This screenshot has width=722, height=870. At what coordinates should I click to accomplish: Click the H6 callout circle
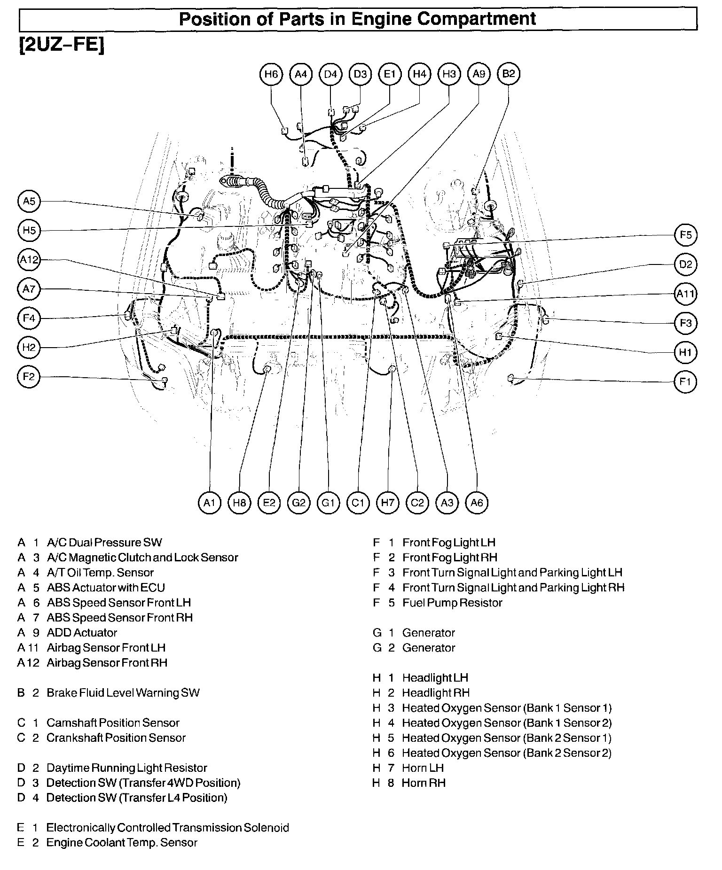(x=271, y=74)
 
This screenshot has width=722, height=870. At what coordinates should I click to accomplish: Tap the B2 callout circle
(x=509, y=74)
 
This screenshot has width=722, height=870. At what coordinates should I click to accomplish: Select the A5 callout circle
(x=29, y=202)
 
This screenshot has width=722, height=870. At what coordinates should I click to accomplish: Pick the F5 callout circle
(x=686, y=235)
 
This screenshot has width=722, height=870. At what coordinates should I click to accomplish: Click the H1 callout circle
(x=686, y=352)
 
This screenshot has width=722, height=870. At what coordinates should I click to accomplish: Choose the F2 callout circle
(x=29, y=377)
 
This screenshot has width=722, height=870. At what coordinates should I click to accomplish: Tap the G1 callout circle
(x=328, y=503)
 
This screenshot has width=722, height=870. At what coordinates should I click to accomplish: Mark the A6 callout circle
(x=477, y=503)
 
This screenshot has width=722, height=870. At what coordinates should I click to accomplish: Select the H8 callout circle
(x=239, y=503)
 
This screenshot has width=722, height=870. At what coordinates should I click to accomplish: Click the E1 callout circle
(x=390, y=74)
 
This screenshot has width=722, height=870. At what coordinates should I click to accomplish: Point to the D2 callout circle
(x=686, y=264)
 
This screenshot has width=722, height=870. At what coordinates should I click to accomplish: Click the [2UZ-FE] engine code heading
(x=61, y=46)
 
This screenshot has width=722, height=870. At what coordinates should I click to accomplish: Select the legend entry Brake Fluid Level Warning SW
(x=123, y=693)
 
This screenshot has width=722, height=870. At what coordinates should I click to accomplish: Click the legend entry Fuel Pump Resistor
(x=452, y=603)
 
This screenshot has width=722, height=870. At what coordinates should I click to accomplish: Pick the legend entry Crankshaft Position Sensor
(x=116, y=738)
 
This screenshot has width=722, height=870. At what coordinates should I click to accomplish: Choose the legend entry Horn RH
(x=424, y=783)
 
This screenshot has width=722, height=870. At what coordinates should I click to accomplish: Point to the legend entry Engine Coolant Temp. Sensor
(x=122, y=843)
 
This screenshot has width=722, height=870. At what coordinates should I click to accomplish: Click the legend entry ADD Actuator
(x=82, y=633)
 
